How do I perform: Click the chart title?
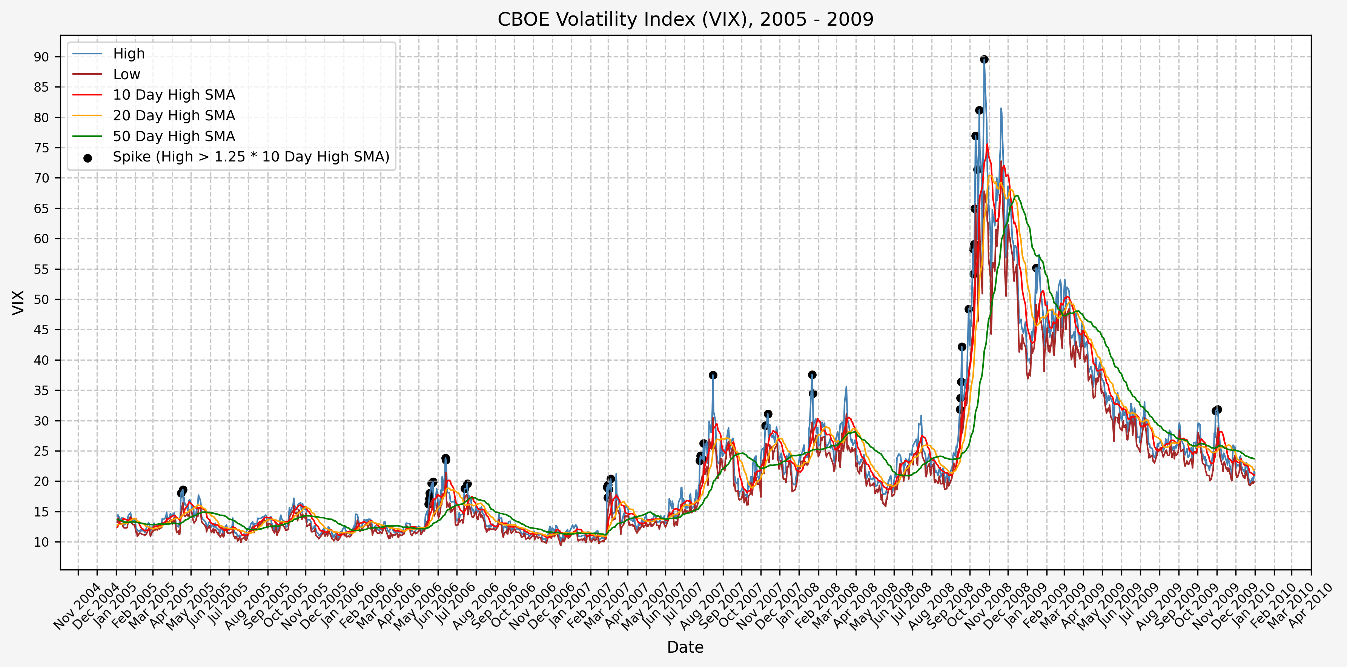pyautogui.click(x=685, y=19)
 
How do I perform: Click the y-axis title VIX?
pyautogui.click(x=18, y=302)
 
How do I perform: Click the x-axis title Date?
pyautogui.click(x=685, y=648)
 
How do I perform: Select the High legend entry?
pyautogui.click(x=129, y=54)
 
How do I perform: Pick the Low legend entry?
pyautogui.click(x=126, y=74)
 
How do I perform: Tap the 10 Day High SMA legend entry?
pyautogui.click(x=174, y=95)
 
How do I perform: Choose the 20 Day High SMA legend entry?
pyautogui.click(x=174, y=115)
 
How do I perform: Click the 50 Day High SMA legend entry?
pyautogui.click(x=174, y=137)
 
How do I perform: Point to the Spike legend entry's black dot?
pyautogui.click(x=88, y=157)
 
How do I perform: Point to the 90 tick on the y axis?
pyautogui.click(x=41, y=57)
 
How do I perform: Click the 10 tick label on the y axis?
pyautogui.click(x=41, y=543)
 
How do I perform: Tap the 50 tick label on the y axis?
pyautogui.click(x=41, y=300)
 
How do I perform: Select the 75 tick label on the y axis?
pyautogui.click(x=41, y=148)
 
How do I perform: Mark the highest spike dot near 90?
pyautogui.click(x=984, y=60)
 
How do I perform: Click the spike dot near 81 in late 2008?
pyautogui.click(x=979, y=111)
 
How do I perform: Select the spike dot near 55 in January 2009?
pyautogui.click(x=1035, y=268)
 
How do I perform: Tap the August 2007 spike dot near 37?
pyautogui.click(x=713, y=375)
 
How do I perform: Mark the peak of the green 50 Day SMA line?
pyautogui.click(x=1016, y=196)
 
